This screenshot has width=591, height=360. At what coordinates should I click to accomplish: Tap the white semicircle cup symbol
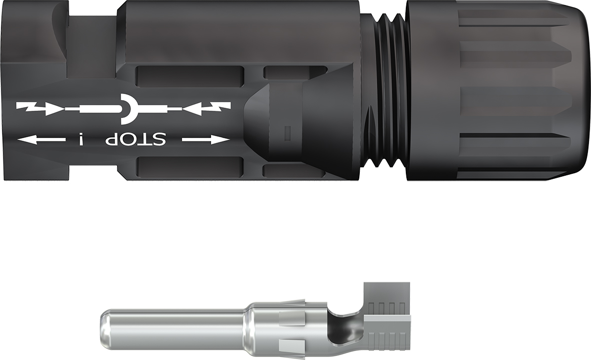(128, 108)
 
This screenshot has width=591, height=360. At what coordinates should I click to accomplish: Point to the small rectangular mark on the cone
(287, 133)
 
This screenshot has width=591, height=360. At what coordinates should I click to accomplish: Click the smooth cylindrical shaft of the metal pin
(175, 328)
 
